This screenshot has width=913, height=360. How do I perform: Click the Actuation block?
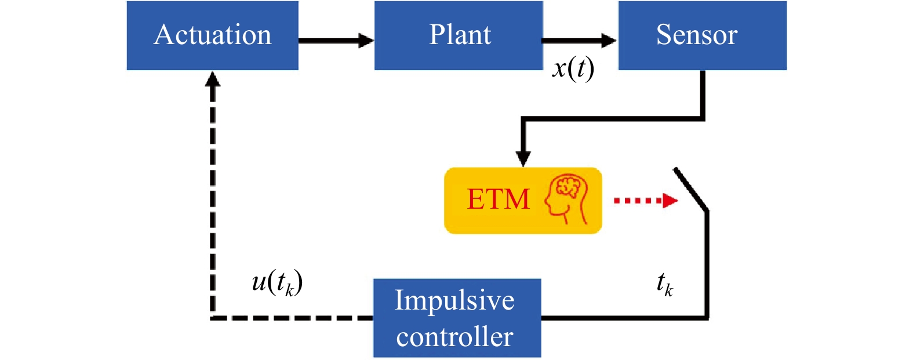click(x=212, y=35)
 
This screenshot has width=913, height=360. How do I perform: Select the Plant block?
click(x=459, y=35)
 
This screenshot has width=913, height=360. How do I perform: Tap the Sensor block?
click(x=702, y=35)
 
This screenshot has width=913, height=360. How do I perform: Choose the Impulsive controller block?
click(x=457, y=318)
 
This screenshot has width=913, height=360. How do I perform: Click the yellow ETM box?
click(x=523, y=201)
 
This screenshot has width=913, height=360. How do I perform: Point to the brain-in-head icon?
click(x=566, y=199)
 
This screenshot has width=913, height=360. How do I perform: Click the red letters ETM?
click(x=498, y=199)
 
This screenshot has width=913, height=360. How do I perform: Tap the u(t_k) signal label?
click(x=277, y=283)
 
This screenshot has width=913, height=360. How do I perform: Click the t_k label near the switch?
click(x=665, y=284)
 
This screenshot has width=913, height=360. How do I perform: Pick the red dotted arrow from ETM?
click(x=646, y=201)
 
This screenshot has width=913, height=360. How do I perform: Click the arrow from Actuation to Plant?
click(x=336, y=41)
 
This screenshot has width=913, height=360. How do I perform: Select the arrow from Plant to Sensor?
click(x=579, y=41)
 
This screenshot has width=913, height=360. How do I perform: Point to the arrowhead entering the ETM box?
click(x=523, y=159)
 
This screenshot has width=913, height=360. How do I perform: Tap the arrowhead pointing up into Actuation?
click(x=212, y=78)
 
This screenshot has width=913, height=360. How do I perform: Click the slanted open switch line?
click(x=691, y=190)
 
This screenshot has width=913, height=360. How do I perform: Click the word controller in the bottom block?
click(x=454, y=337)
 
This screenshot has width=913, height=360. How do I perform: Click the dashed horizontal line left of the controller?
click(x=292, y=318)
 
